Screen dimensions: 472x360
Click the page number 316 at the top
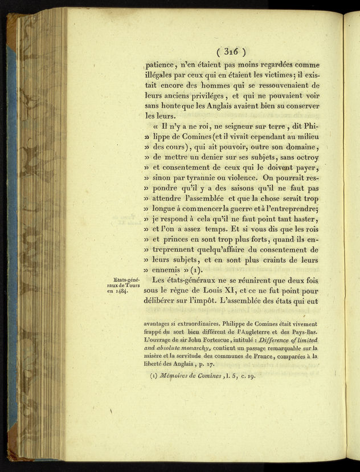pos(230,51)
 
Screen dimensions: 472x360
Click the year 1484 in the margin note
pos(118,291)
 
